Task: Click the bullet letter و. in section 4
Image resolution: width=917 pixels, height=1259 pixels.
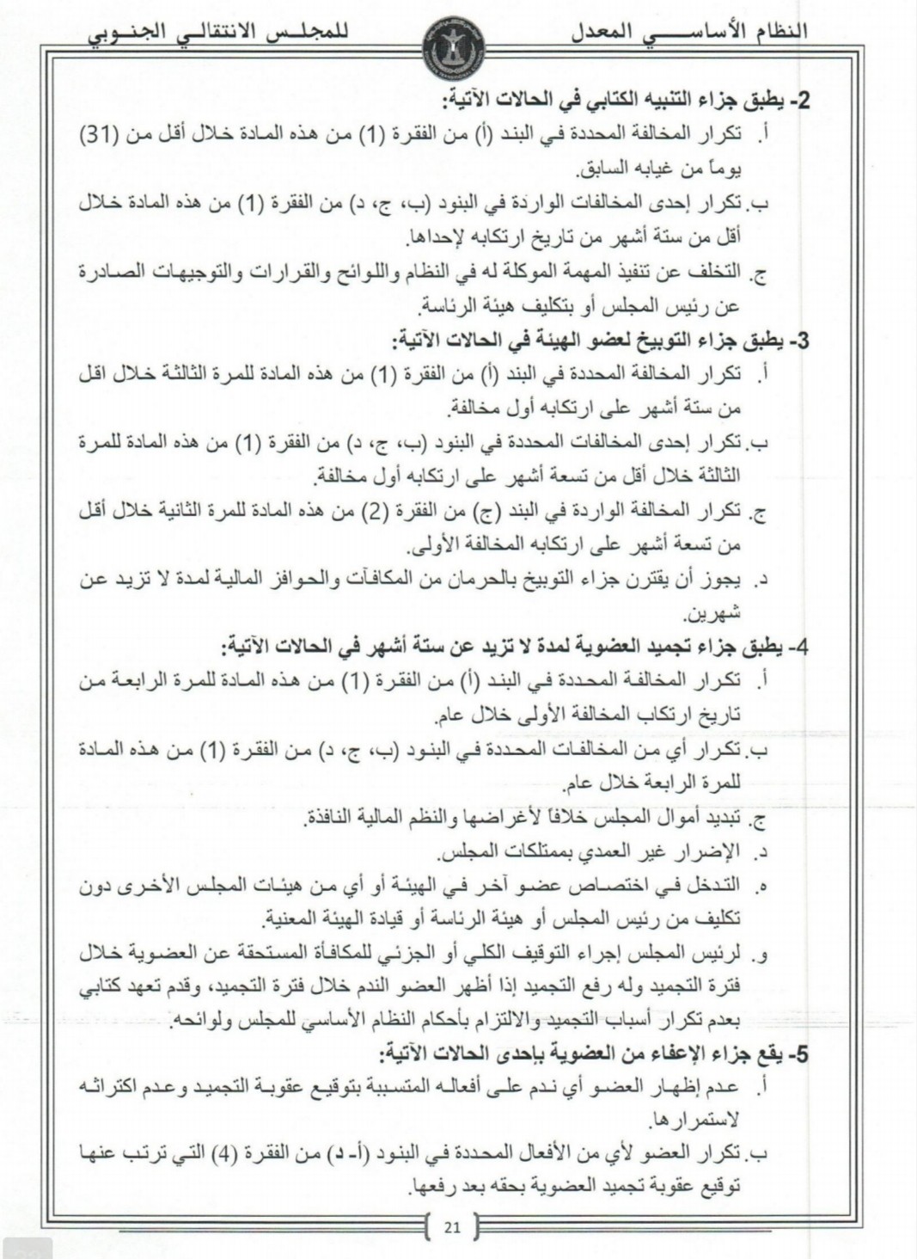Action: click(760, 955)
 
